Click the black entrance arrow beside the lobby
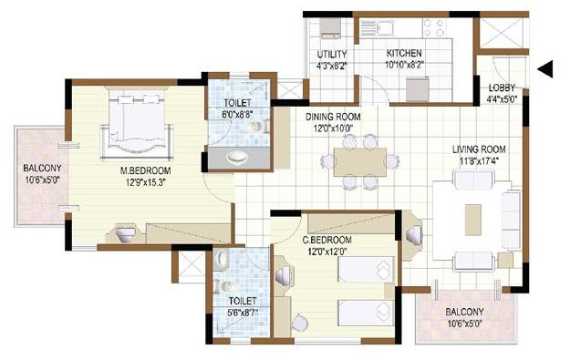[x=545, y=69]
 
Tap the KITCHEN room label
[x=403, y=54]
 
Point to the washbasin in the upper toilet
[x=239, y=156]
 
